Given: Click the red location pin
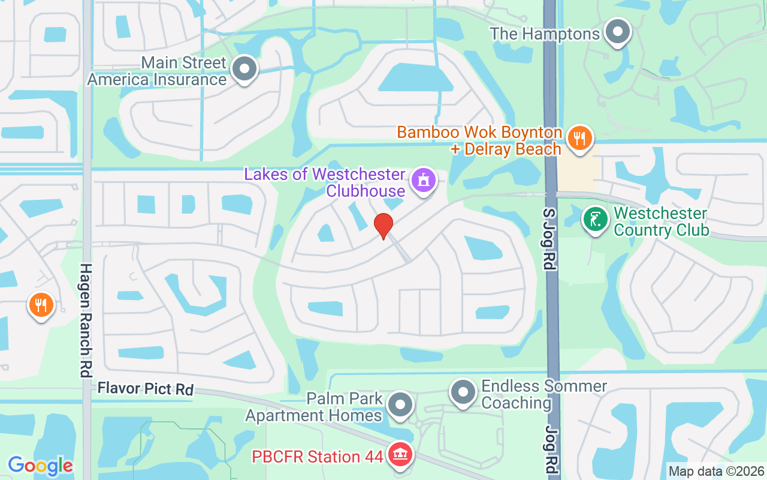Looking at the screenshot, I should click(x=383, y=226).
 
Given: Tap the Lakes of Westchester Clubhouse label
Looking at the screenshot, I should click(x=325, y=182).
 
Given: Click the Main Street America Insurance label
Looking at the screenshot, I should click(x=157, y=71).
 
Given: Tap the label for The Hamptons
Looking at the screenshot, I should click(x=545, y=34).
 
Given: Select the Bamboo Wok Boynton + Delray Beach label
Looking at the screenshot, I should click(x=479, y=140).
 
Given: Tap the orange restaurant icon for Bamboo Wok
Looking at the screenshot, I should click(x=579, y=138).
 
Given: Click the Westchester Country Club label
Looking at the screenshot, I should click(x=661, y=221).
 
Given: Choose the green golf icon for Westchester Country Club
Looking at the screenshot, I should click(x=596, y=219).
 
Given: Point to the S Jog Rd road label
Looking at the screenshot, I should click(x=550, y=239).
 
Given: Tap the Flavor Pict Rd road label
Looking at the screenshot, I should click(x=146, y=389).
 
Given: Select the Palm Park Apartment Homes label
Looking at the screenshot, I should click(x=314, y=407).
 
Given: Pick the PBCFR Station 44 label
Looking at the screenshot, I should click(x=317, y=457).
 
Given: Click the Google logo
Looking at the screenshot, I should click(x=40, y=465).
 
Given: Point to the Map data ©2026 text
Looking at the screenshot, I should click(x=717, y=472).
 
